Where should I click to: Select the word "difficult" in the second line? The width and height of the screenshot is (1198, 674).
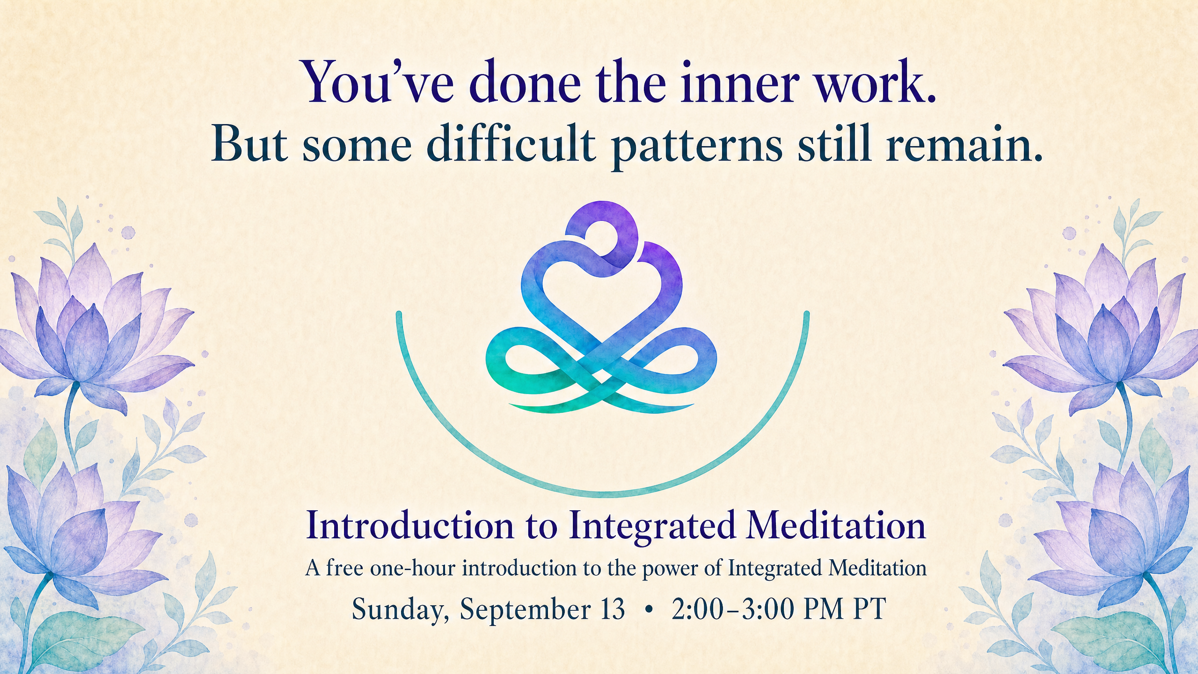coord(511,143)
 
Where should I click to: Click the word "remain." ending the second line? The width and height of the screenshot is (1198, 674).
coord(964,143)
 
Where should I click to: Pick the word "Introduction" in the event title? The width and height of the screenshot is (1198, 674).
coord(410,526)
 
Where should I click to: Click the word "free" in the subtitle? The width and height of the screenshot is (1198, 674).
coord(344,568)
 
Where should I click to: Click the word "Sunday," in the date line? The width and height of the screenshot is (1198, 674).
coord(401,609)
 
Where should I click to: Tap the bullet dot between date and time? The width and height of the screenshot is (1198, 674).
coord(648,610)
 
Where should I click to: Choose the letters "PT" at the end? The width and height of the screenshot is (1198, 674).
coord(869,609)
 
